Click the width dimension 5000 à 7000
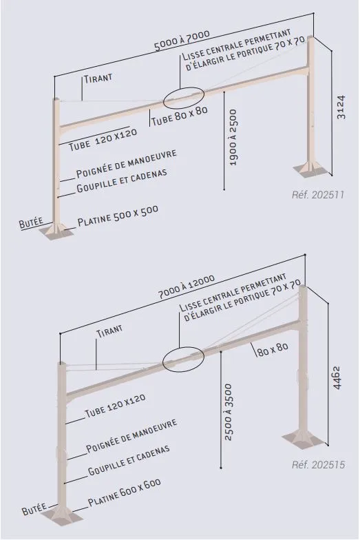[182, 41]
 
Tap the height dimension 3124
[341, 108]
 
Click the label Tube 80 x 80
[180, 116]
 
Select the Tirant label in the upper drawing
[98, 77]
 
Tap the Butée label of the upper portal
[31, 222]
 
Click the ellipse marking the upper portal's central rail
[183, 97]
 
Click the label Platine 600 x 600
[125, 492]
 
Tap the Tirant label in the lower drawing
[109, 331]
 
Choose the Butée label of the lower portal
[34, 510]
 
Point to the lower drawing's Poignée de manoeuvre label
[131, 436]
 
